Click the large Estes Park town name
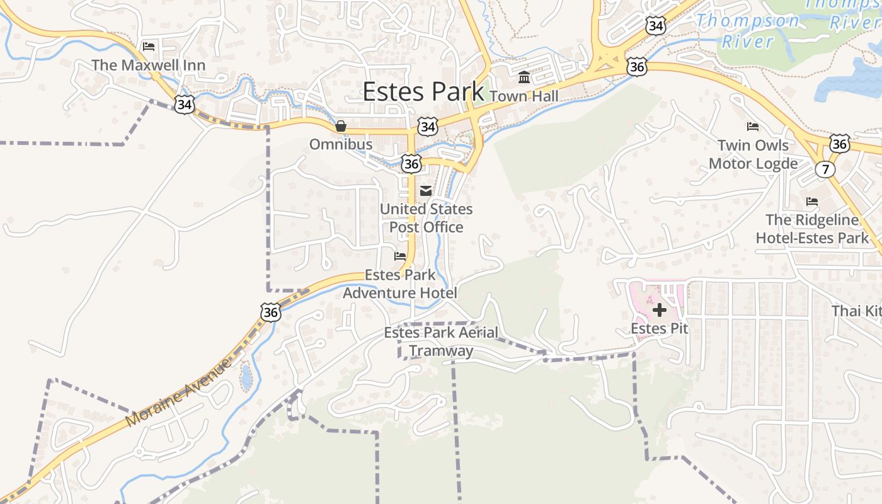(423, 92)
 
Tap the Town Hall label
(524, 96)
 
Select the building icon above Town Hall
(524, 77)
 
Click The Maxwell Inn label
(148, 65)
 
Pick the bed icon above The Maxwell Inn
(149, 47)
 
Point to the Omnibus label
(340, 144)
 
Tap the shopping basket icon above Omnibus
(341, 126)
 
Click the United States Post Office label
(426, 218)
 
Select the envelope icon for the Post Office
(426, 191)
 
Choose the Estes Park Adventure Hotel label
(400, 284)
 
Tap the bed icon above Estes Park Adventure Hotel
(400, 256)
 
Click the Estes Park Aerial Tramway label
(441, 341)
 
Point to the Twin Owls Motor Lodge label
(753, 154)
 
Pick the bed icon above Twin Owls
(752, 127)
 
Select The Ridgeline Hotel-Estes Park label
(812, 229)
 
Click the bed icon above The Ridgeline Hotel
(812, 202)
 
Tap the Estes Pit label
(659, 328)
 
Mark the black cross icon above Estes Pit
(660, 310)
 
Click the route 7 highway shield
(825, 169)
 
